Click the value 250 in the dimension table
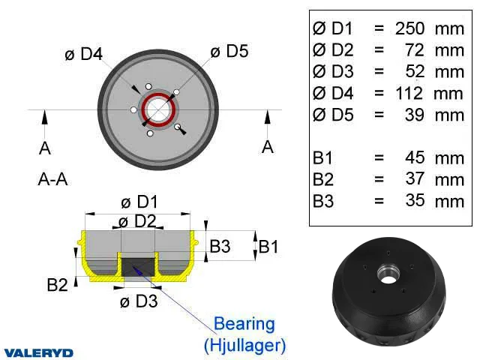point(410,28)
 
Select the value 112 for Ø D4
point(409,93)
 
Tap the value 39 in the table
point(415,115)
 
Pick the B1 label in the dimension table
point(322,158)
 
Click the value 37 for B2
point(415,179)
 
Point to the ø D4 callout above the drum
point(83,54)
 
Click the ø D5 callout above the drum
point(229,51)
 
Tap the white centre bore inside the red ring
point(158,109)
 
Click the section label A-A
point(52,179)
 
